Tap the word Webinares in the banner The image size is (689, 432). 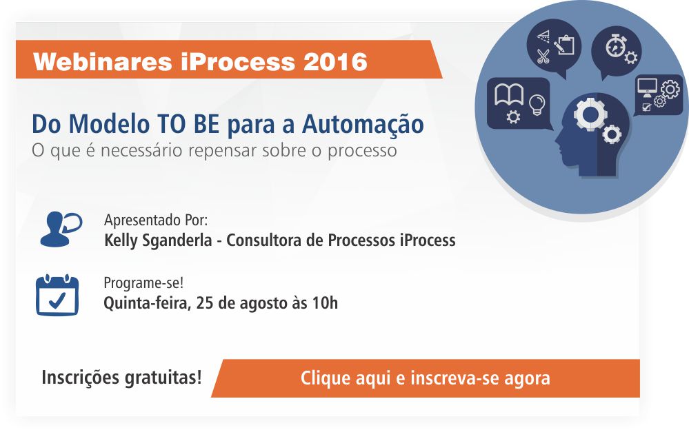[x=102, y=61]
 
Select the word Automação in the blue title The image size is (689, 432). [x=363, y=124]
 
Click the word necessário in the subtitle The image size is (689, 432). [x=141, y=150]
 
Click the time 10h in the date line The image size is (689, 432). [x=325, y=303]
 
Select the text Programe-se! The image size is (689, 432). [x=143, y=283]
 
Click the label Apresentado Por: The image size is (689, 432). [x=156, y=220]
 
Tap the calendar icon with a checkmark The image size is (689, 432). [x=57, y=295]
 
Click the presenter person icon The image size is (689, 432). [x=61, y=229]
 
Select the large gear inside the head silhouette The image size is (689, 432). [x=590, y=114]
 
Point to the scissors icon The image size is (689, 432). [x=543, y=56]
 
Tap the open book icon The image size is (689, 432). [x=509, y=95]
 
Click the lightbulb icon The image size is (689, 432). [x=537, y=105]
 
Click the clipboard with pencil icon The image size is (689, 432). [x=563, y=45]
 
